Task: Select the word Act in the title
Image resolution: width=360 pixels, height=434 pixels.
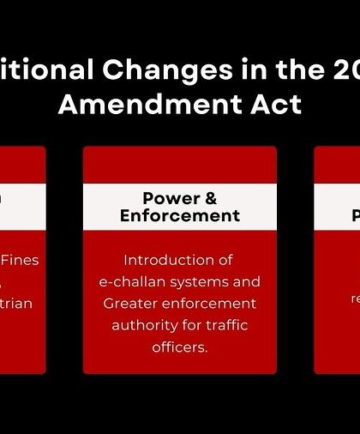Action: pos(276,104)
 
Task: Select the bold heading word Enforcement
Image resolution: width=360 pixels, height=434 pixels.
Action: pos(180,215)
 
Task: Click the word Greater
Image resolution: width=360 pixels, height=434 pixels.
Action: pos(130,304)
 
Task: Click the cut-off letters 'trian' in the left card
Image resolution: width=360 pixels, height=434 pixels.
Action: pos(15,304)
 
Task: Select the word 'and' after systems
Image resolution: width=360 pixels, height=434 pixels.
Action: pos(249,282)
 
